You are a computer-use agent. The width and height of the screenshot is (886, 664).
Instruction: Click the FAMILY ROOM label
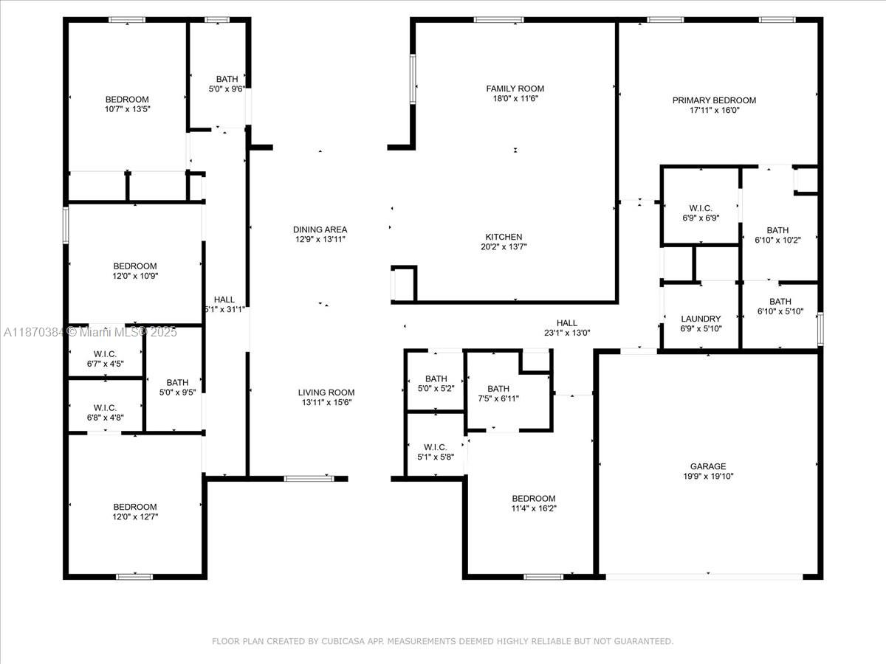coord(515,89)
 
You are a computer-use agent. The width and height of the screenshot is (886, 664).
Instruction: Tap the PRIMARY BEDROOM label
coord(714,100)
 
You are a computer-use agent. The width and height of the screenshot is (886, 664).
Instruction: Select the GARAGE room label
coord(708,466)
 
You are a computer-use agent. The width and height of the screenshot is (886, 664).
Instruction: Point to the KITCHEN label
coord(504,237)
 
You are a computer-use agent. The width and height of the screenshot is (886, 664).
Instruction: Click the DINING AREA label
coord(320,229)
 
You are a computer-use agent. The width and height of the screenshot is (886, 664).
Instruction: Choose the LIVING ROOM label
coord(326,392)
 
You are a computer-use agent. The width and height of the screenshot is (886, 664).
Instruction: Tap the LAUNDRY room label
coord(701,319)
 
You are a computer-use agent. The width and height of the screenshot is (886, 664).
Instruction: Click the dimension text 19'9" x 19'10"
coord(708,477)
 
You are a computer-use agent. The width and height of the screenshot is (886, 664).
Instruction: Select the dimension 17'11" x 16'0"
coord(715,111)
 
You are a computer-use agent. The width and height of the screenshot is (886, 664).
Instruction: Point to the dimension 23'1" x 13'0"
coord(567,333)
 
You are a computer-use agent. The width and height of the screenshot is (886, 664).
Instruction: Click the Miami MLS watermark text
coord(90,332)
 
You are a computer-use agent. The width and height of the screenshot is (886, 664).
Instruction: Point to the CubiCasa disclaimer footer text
coord(443,641)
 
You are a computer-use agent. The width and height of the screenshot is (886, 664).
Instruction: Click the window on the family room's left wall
coord(413,80)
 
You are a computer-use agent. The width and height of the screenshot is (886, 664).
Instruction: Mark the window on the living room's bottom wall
coord(309,479)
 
